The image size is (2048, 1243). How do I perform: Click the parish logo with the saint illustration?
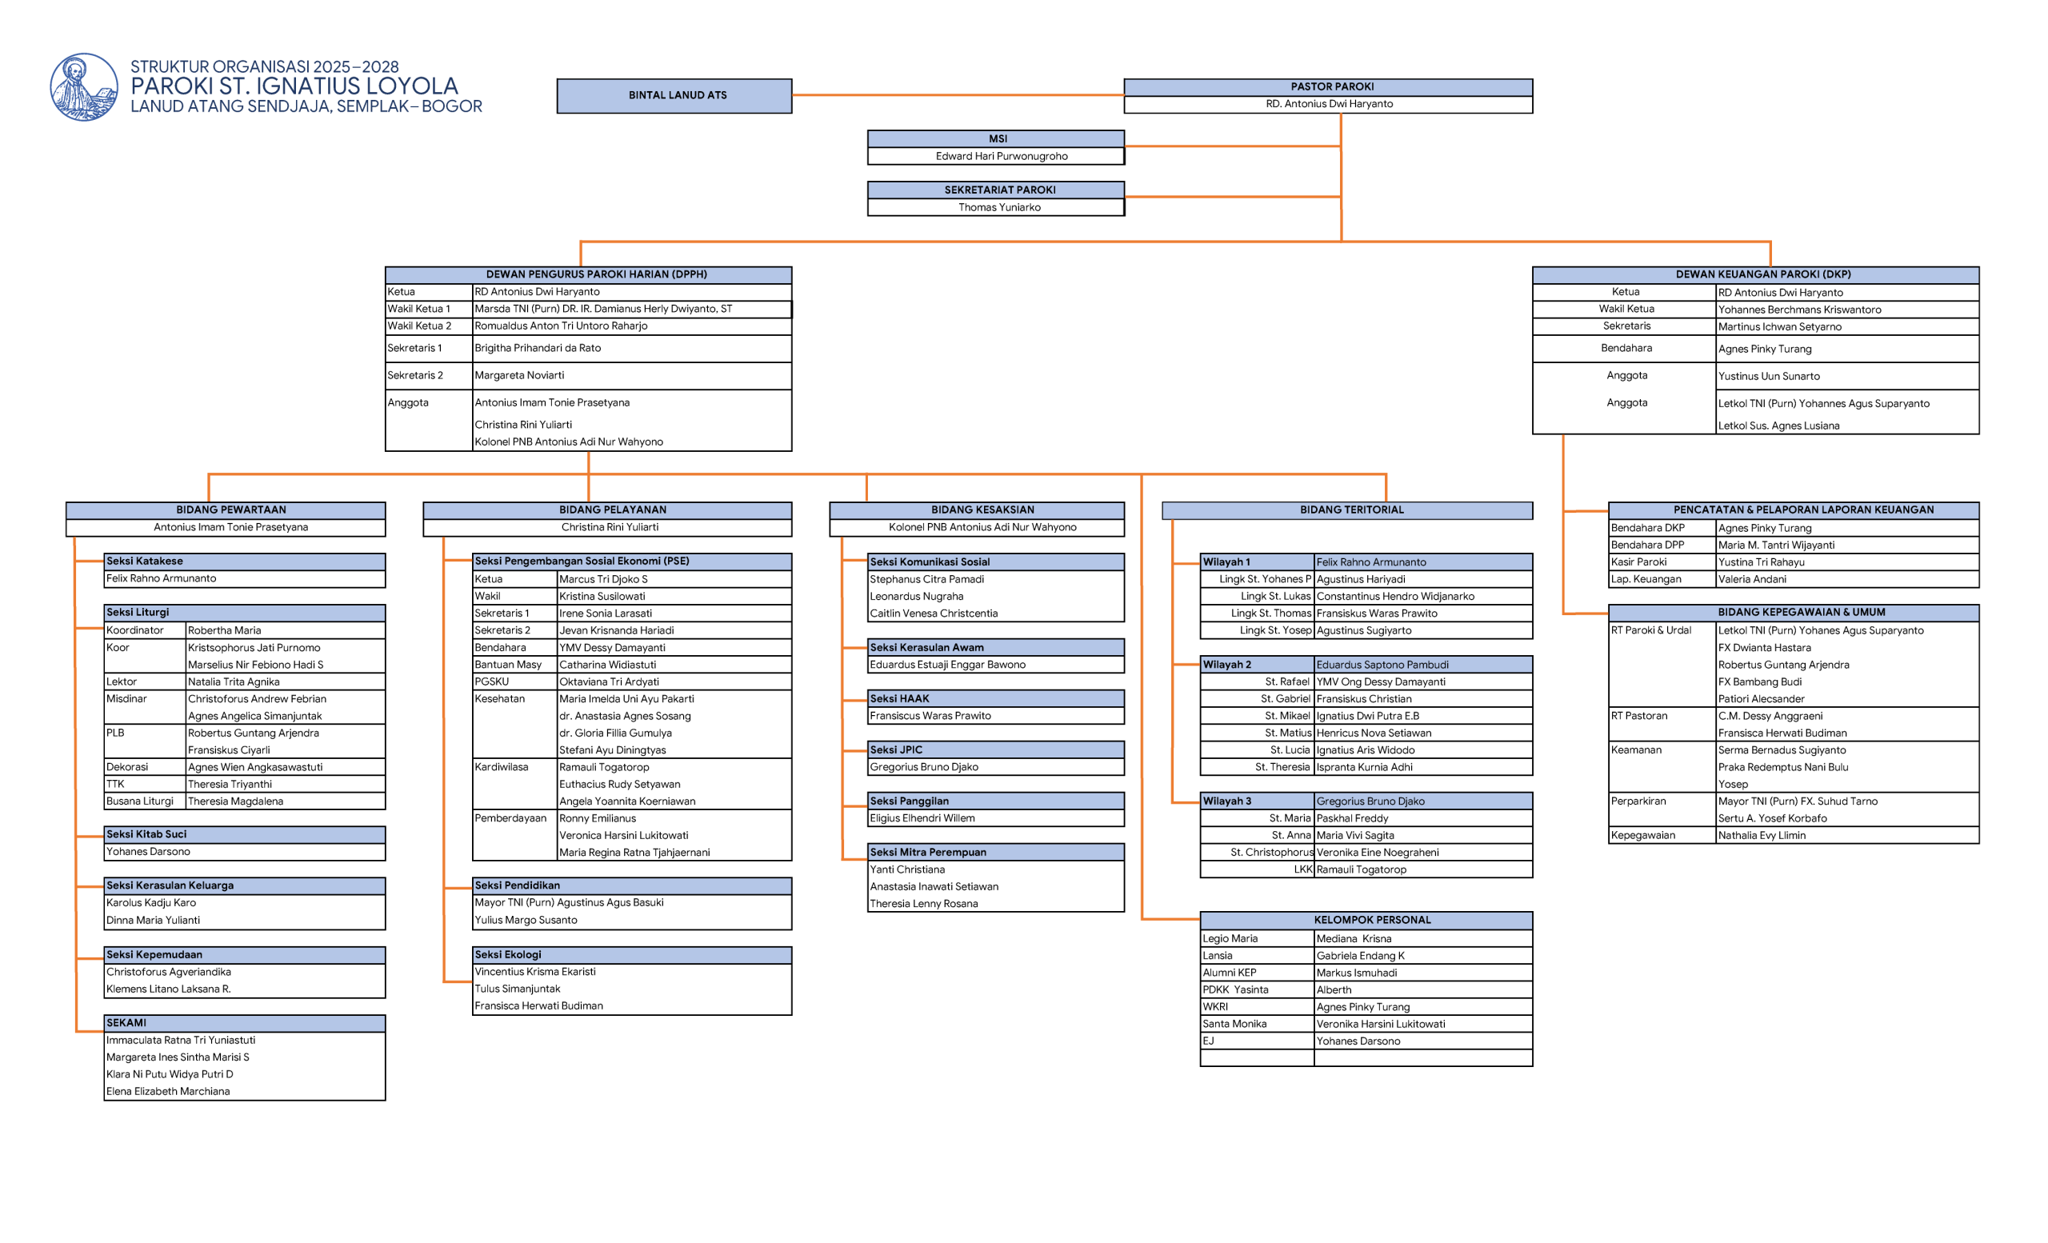point(83,87)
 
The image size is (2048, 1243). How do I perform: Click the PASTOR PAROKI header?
point(1331,86)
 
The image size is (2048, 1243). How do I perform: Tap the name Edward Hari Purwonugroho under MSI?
point(1002,156)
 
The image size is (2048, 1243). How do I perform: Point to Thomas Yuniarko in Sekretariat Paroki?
point(999,208)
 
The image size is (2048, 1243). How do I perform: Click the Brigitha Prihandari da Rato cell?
point(538,348)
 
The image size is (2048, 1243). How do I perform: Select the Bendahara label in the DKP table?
point(1626,348)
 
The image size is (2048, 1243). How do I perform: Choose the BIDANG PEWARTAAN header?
point(230,510)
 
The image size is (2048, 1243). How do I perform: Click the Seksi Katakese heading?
point(145,562)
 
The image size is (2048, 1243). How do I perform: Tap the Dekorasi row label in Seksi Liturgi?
point(127,768)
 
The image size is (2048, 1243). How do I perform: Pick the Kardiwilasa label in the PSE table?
point(501,768)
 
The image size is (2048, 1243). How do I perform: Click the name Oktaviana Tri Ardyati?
point(610,682)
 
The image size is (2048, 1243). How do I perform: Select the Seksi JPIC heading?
point(896,750)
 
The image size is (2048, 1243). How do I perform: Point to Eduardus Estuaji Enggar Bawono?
point(947,665)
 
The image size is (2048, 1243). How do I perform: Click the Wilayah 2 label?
point(1227,665)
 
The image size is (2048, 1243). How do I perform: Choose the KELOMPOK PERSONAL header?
point(1372,921)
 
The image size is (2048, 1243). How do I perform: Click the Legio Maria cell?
point(1230,939)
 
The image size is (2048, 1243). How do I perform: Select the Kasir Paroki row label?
point(1639,562)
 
